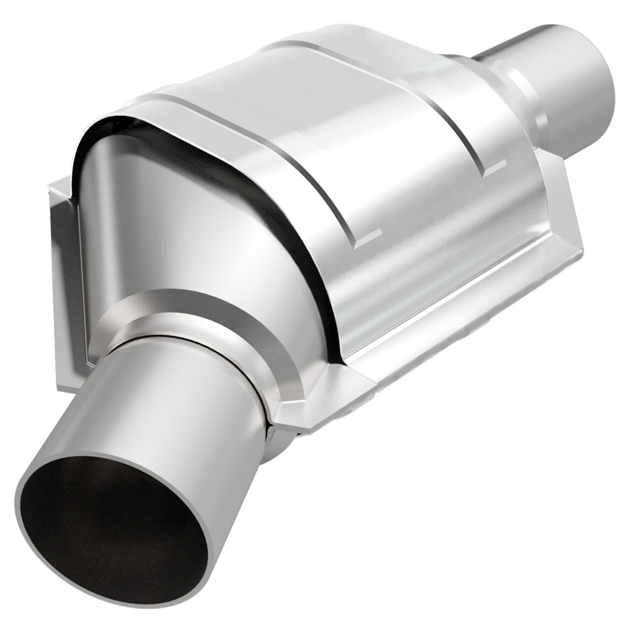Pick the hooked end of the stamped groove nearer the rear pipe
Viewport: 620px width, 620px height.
(x=493, y=165)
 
